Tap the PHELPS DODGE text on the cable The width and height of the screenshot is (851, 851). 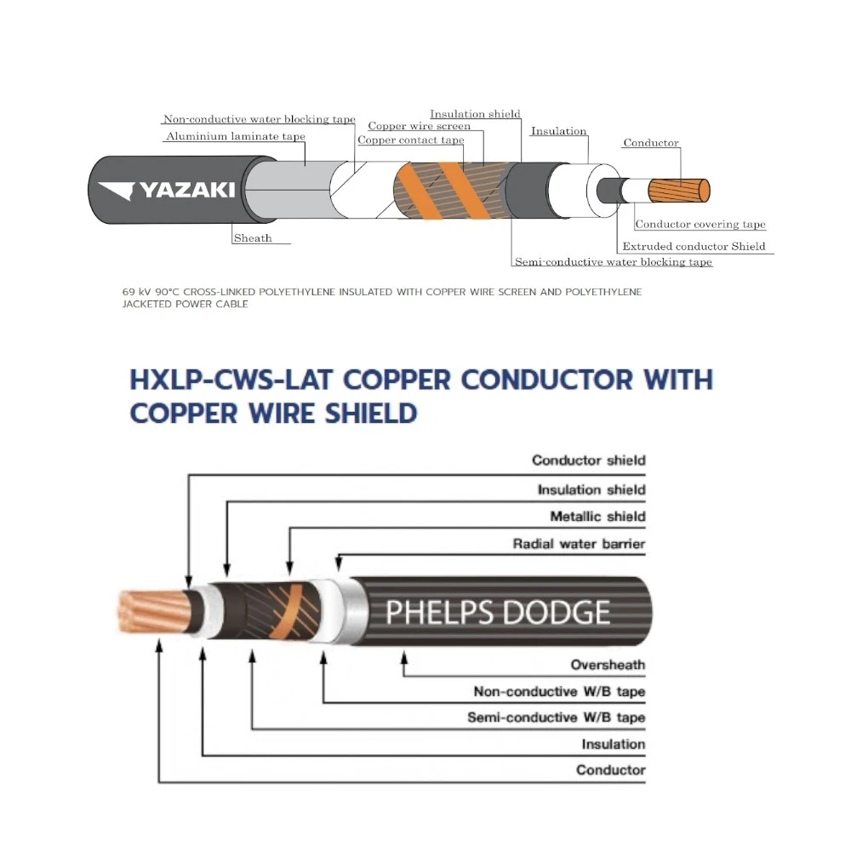tap(498, 612)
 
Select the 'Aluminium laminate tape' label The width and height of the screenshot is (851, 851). tap(236, 136)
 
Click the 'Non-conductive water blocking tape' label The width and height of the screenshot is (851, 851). tap(259, 120)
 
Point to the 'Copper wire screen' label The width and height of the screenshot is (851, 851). tap(419, 126)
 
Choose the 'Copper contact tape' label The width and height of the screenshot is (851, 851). tap(411, 140)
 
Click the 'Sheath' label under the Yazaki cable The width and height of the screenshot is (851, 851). tap(253, 238)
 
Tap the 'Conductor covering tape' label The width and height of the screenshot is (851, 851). tap(700, 225)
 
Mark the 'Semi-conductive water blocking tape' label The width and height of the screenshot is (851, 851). tap(613, 262)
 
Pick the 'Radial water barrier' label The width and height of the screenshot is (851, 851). tap(579, 544)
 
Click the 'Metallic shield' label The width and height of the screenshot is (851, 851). tap(597, 517)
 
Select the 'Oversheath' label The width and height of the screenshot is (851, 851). tap(608, 665)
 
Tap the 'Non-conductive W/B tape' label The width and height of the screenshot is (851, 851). tap(559, 692)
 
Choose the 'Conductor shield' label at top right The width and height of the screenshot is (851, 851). tap(588, 460)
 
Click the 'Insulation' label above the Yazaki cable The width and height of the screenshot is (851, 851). tap(558, 131)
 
